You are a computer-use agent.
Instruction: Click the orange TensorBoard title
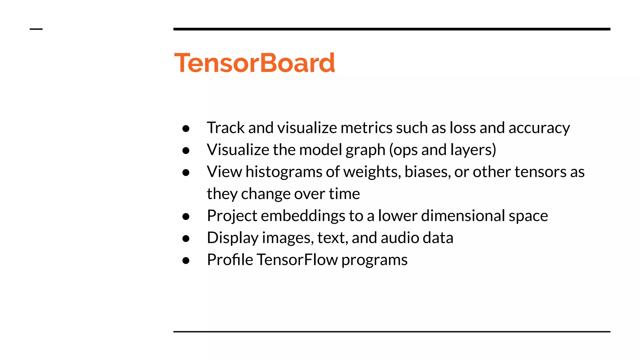(254, 63)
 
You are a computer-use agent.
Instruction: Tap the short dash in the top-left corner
(36, 29)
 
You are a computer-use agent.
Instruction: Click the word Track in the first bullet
(226, 128)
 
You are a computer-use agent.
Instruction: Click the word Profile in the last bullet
(230, 260)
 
